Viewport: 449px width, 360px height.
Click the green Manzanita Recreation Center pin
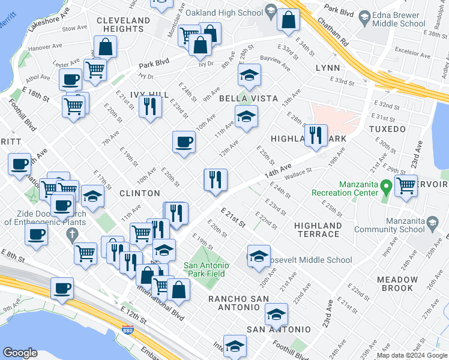387,187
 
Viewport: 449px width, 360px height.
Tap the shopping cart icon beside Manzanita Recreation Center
406,185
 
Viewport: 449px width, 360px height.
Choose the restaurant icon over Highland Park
315,135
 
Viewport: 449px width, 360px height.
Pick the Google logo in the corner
20,353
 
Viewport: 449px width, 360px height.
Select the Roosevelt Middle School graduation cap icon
259,256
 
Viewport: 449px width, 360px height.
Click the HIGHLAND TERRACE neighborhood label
318,230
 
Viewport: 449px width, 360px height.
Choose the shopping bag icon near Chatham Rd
289,20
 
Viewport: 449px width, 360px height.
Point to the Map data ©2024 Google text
412,355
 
